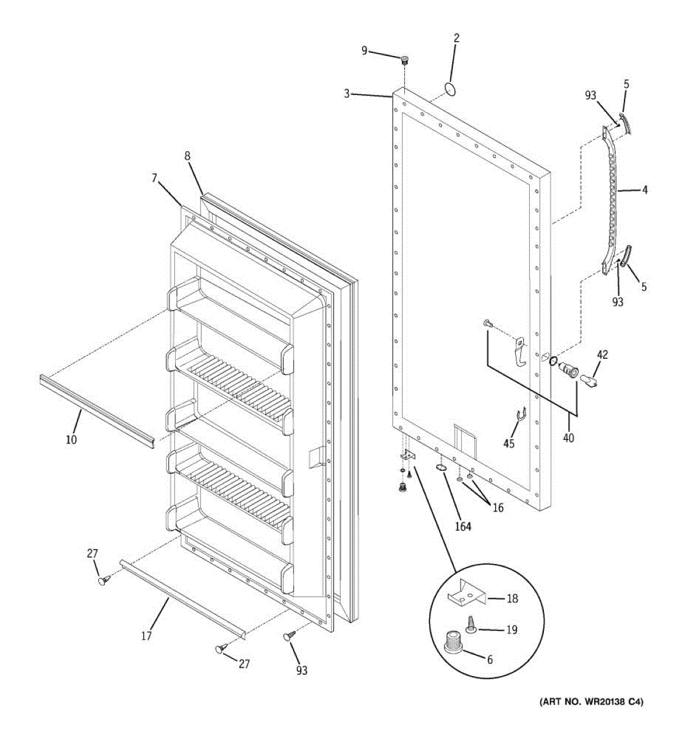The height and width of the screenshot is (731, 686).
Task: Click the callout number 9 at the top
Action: [x=364, y=50]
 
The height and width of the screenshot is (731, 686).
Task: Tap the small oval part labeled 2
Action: [x=450, y=89]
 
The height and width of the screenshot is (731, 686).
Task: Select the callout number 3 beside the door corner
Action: [x=346, y=94]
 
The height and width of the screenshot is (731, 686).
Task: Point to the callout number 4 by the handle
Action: [x=645, y=190]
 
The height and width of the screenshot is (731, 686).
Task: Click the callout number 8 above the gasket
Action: [x=187, y=157]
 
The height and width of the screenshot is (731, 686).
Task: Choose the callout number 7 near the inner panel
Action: [x=154, y=178]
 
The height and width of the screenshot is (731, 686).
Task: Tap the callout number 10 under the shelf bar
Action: [x=71, y=439]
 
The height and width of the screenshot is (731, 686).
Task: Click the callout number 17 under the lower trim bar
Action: [x=146, y=636]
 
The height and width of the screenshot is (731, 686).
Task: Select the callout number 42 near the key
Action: [x=602, y=355]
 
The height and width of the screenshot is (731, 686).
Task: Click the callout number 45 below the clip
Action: [x=509, y=443]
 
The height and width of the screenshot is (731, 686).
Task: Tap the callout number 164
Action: [x=463, y=526]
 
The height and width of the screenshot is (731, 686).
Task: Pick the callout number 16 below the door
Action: [x=498, y=507]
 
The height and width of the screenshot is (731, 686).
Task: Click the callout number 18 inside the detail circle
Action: [x=512, y=599]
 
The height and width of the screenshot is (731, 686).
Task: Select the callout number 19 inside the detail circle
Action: [x=511, y=630]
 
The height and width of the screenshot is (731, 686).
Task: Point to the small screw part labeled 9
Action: [x=404, y=60]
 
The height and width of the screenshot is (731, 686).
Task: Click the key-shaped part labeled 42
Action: [x=588, y=381]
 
